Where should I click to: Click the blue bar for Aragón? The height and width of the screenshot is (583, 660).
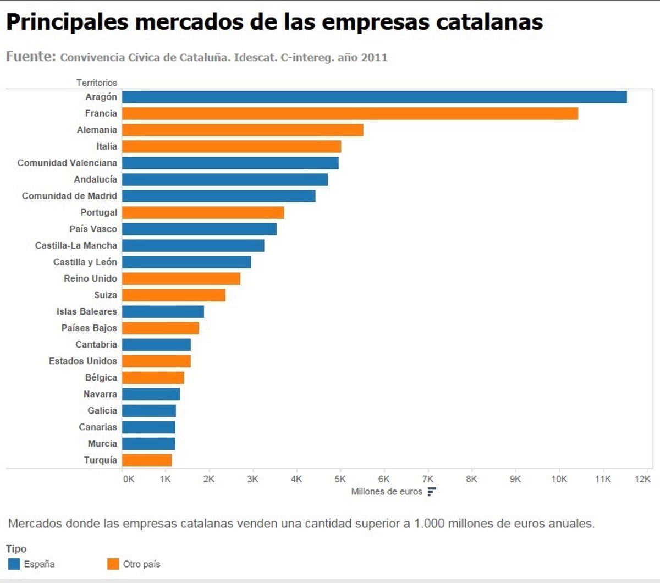coord(374,97)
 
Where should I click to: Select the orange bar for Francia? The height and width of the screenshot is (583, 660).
coord(350,113)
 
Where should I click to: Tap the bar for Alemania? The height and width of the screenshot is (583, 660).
coord(243,130)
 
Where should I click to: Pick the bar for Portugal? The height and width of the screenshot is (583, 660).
coord(203,212)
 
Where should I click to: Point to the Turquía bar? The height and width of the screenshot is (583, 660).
coord(147,460)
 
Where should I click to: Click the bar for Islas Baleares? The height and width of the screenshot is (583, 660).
coord(163,311)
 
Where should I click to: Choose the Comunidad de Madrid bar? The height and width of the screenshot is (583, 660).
coord(218,196)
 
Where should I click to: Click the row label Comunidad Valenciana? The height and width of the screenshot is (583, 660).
coord(67,163)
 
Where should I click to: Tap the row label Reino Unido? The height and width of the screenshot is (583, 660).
coord(90,278)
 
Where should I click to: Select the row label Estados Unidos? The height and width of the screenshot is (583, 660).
coord(82,361)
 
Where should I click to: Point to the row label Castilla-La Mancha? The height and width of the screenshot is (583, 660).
coord(76,245)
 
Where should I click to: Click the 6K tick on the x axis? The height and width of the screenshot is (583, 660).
coord(384,479)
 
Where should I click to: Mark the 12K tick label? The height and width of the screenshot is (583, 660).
coord(642,479)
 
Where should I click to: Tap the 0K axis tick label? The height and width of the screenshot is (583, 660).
coord(128,479)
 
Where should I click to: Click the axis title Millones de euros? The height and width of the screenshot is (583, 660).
coord(387,492)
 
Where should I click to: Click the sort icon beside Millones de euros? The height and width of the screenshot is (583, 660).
coord(432,492)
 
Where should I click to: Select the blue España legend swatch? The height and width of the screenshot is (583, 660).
coord(14,564)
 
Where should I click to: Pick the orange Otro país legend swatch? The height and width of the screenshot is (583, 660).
coord(113,564)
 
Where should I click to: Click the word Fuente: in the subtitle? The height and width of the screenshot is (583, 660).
coord(31,57)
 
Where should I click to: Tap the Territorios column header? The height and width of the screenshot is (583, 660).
coord(97,82)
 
